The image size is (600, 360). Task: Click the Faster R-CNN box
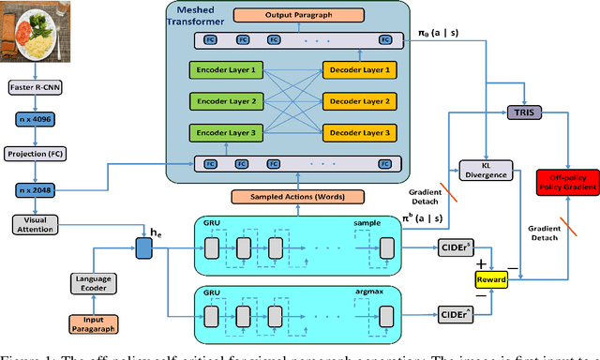click(36, 89)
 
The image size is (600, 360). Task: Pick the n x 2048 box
click(36, 190)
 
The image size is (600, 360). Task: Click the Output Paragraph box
click(296, 16)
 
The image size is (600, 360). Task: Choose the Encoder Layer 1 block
click(226, 70)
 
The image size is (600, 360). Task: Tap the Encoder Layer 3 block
click(226, 132)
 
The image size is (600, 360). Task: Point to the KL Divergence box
click(485, 170)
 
